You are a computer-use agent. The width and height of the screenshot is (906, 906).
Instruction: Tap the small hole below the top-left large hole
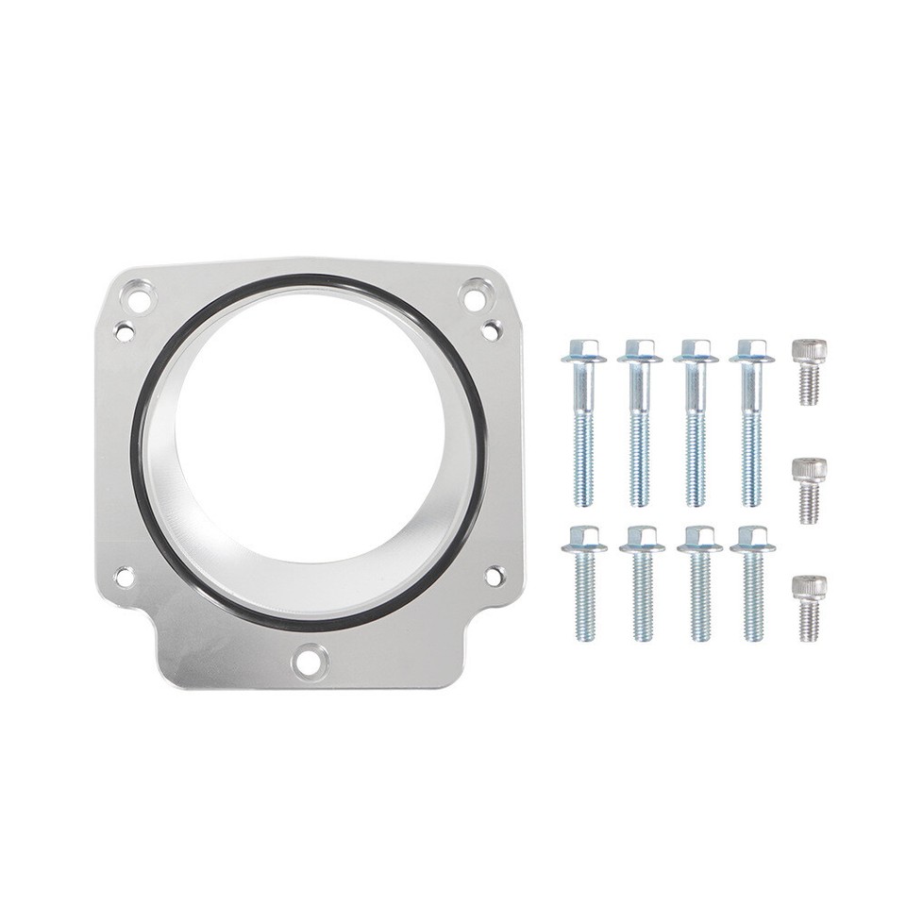click(x=124, y=331)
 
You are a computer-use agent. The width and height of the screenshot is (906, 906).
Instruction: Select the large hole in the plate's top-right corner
click(x=475, y=296)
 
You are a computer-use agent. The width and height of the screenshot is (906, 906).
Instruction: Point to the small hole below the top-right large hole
click(x=491, y=329)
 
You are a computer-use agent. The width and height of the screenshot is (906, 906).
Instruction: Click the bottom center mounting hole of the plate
click(x=307, y=661)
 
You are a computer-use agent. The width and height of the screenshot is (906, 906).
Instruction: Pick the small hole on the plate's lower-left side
click(x=124, y=576)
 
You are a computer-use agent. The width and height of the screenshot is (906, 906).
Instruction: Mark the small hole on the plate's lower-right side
click(x=494, y=574)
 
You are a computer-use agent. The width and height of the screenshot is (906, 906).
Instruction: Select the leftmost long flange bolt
click(x=583, y=425)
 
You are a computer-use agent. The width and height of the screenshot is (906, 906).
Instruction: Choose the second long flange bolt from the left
click(x=640, y=425)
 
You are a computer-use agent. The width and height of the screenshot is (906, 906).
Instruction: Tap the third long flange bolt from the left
click(x=696, y=425)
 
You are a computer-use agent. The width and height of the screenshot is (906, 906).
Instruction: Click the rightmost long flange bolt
click(x=751, y=425)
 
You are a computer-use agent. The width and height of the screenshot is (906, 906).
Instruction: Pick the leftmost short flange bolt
click(x=584, y=585)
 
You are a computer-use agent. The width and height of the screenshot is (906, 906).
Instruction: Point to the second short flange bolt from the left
click(x=643, y=585)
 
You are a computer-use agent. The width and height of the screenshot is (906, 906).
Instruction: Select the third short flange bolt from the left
click(x=699, y=585)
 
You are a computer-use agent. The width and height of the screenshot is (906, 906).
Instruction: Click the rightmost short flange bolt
click(x=752, y=585)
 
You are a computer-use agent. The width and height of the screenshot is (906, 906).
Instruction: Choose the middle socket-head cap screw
click(x=809, y=490)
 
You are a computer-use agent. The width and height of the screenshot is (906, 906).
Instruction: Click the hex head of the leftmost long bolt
click(x=583, y=350)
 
